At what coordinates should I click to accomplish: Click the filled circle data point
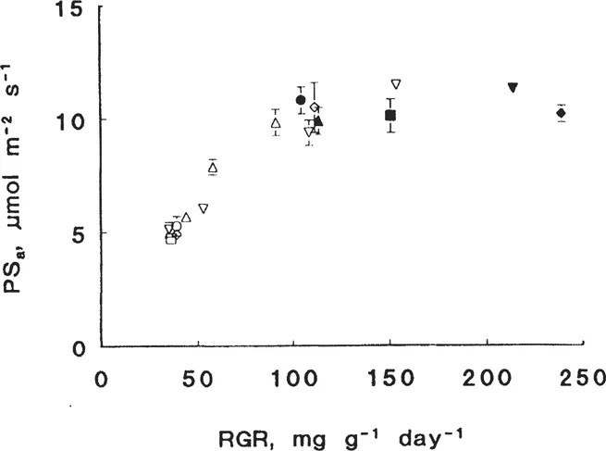[301, 100]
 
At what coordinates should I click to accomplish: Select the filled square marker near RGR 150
[390, 115]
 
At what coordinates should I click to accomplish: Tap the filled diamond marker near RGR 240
[561, 113]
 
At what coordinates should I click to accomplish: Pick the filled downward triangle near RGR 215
[513, 88]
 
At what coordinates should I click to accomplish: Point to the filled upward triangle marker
[319, 120]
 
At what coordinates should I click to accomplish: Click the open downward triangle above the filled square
[396, 84]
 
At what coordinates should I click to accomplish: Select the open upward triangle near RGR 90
[276, 123]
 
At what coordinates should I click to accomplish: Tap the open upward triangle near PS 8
[213, 168]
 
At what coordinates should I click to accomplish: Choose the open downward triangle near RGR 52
[203, 208]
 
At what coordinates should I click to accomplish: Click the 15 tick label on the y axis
[68, 10]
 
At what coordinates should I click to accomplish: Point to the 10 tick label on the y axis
[68, 121]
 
